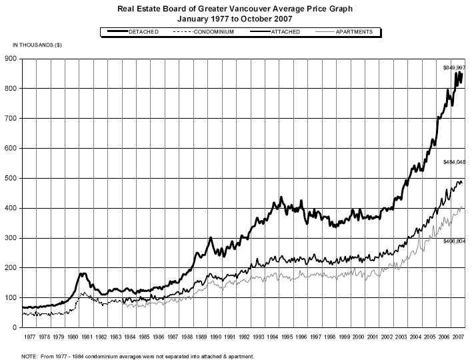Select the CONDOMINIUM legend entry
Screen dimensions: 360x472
pyautogui.click(x=213, y=31)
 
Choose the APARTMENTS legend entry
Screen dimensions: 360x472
pyautogui.click(x=355, y=31)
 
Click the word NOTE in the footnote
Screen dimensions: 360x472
pyautogui.click(x=30, y=356)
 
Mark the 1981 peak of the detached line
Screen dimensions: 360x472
pyautogui.click(x=83, y=273)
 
